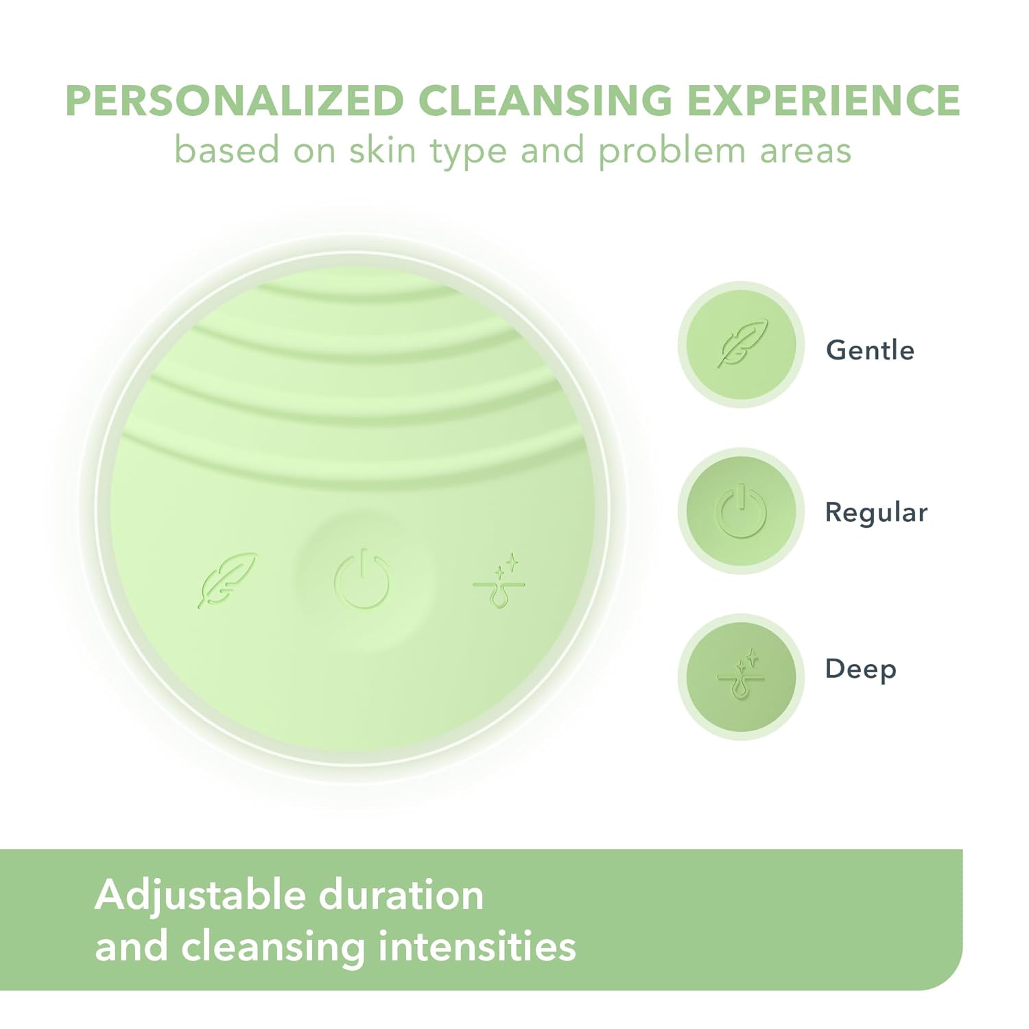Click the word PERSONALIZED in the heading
234,101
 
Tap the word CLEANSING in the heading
545,101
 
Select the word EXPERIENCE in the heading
824,101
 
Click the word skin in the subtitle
383,150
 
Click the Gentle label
870,351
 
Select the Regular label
876,512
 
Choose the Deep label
860,669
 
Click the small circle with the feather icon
741,344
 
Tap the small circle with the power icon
741,511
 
